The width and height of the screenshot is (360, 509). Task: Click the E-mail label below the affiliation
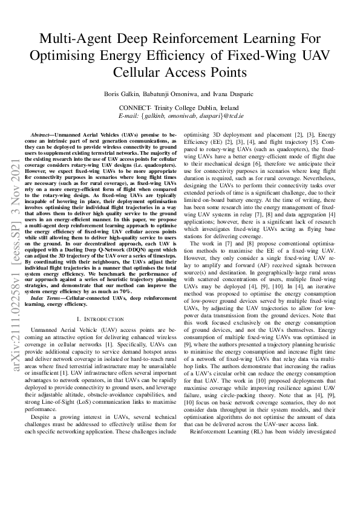pos(133,115)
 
